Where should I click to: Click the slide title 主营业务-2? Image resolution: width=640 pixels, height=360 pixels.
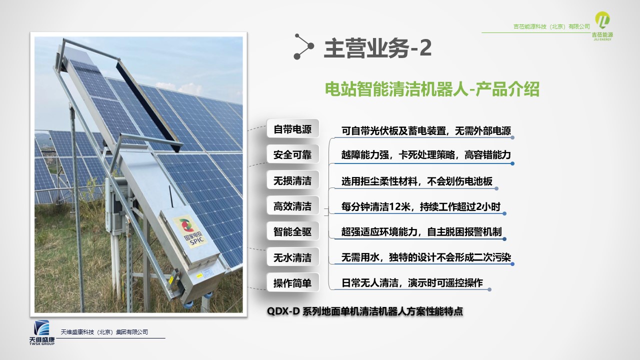pos(377,48)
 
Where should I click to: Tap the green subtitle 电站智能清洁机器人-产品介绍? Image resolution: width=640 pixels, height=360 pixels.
pos(432,89)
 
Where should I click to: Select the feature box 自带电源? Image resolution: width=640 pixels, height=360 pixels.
pos(292,129)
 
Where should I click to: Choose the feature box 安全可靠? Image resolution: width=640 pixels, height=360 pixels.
pos(292,154)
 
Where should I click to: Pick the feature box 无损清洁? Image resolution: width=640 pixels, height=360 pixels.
pos(292,180)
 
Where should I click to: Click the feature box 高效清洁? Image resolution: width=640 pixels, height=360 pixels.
pos(292,206)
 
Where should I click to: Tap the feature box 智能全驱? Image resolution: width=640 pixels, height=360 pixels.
pos(292,231)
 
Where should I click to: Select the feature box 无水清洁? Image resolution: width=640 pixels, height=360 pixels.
pos(292,257)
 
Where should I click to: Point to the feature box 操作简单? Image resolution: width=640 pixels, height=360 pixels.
pos(292,283)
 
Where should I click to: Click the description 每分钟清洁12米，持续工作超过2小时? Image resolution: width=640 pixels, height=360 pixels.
pos(421,206)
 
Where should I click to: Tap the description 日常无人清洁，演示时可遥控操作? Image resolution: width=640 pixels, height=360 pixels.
pos(412,283)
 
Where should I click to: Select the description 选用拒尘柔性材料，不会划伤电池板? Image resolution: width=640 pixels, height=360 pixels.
pos(417,181)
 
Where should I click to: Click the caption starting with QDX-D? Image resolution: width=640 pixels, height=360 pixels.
pos(365,311)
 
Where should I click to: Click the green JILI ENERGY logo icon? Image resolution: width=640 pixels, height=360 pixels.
pos(602,20)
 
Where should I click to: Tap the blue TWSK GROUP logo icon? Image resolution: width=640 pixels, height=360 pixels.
pos(41,327)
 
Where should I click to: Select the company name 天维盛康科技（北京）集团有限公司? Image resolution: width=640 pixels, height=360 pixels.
pos(104,332)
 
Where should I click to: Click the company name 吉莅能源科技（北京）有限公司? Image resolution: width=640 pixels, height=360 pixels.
pos(551,26)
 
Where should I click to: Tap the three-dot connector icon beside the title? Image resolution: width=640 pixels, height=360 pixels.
pos(304,46)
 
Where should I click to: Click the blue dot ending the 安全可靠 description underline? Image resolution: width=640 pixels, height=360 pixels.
pos(512,163)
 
